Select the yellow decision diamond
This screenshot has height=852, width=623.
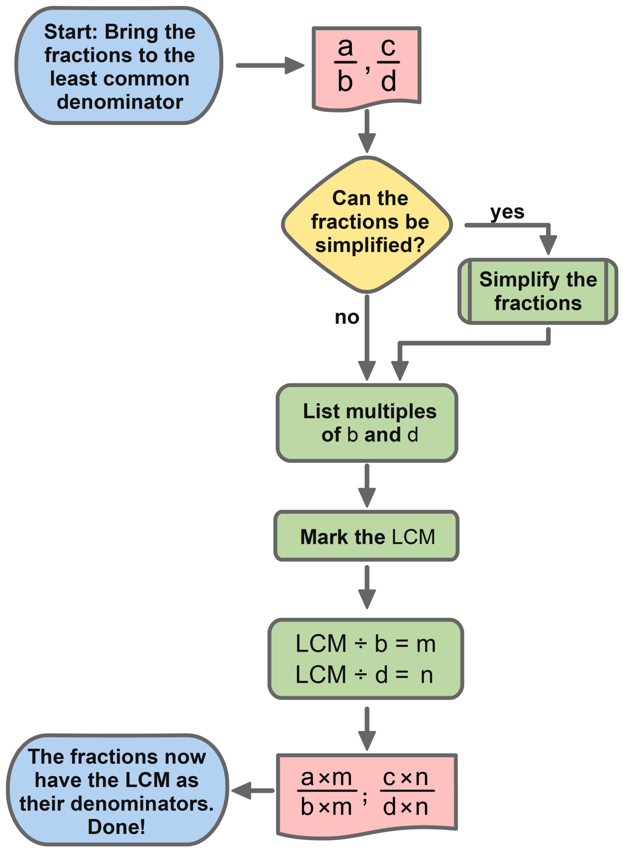(367, 225)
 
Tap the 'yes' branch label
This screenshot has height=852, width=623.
(507, 212)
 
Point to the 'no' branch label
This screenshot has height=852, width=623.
(347, 317)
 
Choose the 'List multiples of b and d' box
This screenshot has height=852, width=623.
(367, 423)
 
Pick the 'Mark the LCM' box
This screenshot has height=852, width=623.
(367, 536)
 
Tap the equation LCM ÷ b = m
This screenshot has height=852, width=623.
(365, 644)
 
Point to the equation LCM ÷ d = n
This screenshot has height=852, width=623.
(364, 675)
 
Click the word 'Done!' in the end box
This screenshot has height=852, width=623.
(117, 827)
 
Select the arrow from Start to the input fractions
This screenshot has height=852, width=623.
(270, 65)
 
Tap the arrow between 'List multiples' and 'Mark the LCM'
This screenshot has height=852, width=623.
(367, 486)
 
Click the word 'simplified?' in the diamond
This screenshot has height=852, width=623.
(370, 245)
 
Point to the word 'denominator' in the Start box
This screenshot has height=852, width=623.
(120, 102)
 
